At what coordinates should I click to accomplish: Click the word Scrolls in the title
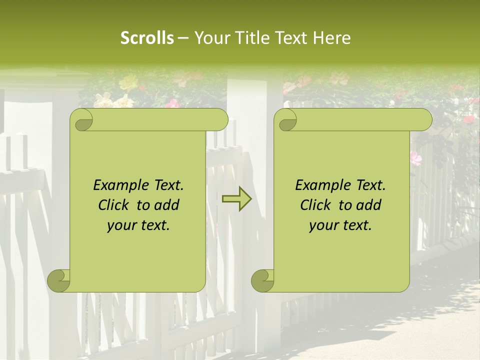147,38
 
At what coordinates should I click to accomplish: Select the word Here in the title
332,38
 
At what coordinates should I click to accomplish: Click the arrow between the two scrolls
236,198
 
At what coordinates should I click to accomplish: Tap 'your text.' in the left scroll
138,225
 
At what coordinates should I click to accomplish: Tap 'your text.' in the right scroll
340,225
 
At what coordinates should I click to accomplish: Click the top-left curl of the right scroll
286,119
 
